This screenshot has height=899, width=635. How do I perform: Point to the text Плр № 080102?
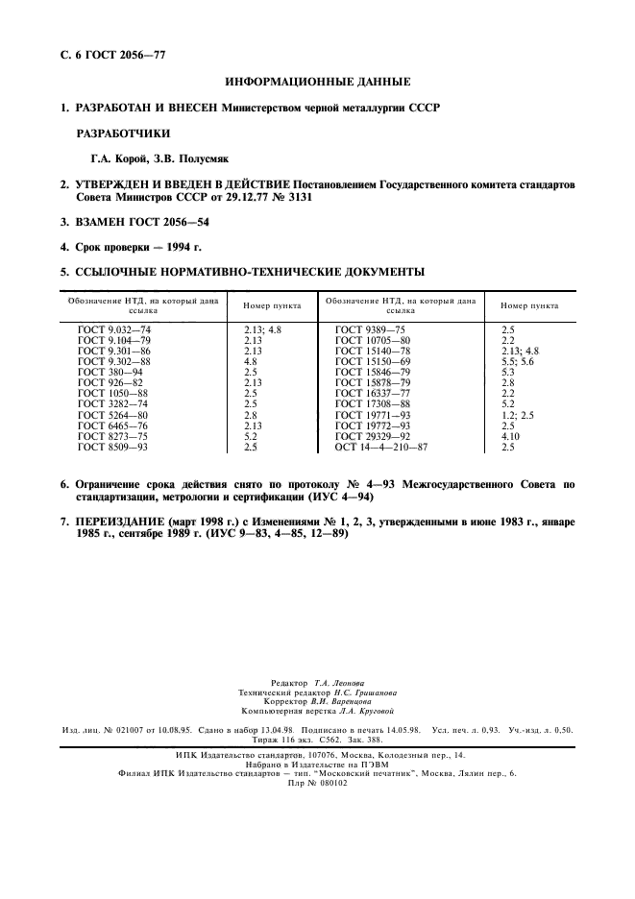(316, 783)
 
